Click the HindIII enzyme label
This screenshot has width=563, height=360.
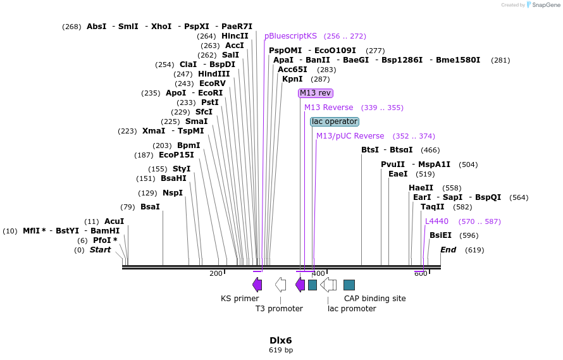pyautogui.click(x=214, y=74)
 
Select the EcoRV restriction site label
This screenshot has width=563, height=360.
pyautogui.click(x=212, y=84)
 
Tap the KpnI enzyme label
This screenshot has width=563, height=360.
pyautogui.click(x=292, y=79)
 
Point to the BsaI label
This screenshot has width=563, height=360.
pyautogui.click(x=150, y=207)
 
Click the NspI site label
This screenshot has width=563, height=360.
pyautogui.click(x=172, y=193)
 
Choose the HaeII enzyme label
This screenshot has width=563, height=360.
pyautogui.click(x=421, y=188)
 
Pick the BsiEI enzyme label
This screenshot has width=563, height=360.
pyautogui.click(x=440, y=235)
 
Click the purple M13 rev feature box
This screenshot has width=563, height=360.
pyautogui.click(x=316, y=93)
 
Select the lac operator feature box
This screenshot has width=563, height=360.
pyautogui.click(x=335, y=121)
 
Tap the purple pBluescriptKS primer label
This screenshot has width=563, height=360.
pyautogui.click(x=290, y=36)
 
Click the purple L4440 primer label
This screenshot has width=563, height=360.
pyautogui.click(x=436, y=221)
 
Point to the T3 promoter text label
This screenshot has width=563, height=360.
pyautogui.click(x=279, y=309)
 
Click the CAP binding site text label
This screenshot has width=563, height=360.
pyautogui.click(x=374, y=299)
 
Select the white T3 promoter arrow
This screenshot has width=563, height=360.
pyautogui.click(x=280, y=285)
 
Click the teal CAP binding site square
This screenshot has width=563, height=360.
pyautogui.click(x=349, y=285)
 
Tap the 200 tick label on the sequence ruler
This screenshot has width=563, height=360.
pyautogui.click(x=216, y=273)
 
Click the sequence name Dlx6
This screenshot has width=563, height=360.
pyautogui.click(x=281, y=340)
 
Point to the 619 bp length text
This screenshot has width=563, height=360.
pyautogui.click(x=281, y=350)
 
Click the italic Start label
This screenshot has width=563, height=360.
pyautogui.click(x=100, y=250)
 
